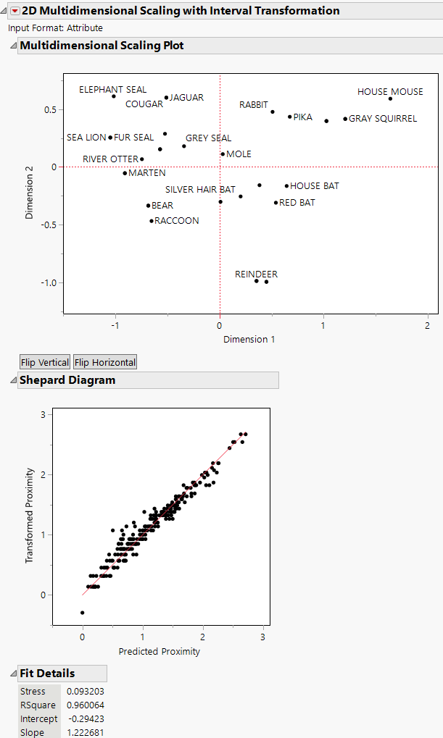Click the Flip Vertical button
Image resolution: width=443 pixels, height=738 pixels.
(45, 362)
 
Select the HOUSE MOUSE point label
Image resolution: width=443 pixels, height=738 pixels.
(390, 92)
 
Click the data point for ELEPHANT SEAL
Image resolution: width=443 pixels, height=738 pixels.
(114, 96)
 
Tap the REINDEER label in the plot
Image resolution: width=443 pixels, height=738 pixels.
(256, 274)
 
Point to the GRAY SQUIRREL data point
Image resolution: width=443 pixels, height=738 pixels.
(345, 119)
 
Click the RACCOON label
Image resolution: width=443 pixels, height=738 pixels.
(177, 221)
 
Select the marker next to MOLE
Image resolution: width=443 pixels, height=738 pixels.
(223, 154)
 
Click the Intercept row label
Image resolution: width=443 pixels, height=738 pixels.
(39, 718)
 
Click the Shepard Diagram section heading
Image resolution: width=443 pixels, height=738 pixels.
(67, 380)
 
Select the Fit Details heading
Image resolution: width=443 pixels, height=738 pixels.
(47, 674)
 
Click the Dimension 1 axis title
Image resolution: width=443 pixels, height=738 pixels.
(249, 339)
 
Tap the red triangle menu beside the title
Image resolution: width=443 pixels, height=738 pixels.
(15, 11)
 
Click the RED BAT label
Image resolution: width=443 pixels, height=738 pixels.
(297, 203)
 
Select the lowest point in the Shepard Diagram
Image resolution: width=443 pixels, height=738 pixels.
(83, 613)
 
